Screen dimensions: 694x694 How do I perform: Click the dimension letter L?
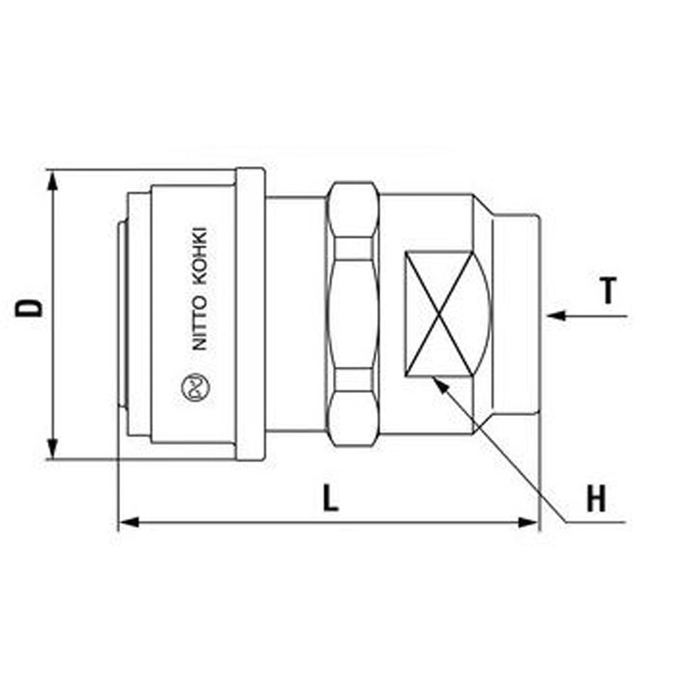tap(330, 499)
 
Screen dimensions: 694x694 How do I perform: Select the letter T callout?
tap(609, 291)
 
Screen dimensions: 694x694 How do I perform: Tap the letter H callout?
tap(596, 500)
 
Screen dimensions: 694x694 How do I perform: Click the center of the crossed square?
tap(439, 314)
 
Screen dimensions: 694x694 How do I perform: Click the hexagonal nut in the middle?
tap(352, 314)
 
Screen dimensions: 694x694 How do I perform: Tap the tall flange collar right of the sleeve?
tap(249, 314)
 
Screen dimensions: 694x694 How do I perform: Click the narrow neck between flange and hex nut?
tap(295, 314)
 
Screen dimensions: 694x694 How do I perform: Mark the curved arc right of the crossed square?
tap(482, 314)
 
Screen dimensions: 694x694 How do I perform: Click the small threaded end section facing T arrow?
tap(517, 314)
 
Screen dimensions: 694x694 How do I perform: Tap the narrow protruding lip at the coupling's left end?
tap(122, 314)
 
